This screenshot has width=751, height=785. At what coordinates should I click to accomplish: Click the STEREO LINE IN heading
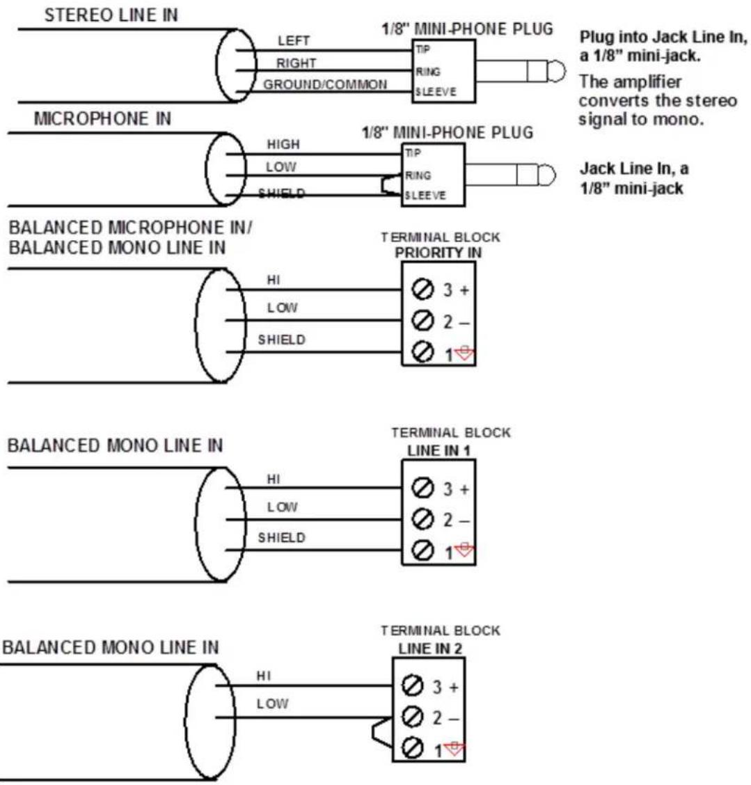click(x=111, y=15)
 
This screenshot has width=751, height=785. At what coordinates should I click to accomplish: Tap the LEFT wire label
click(x=294, y=40)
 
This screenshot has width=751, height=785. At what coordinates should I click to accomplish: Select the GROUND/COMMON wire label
click(x=326, y=84)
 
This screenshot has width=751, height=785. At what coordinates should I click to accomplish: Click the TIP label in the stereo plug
click(x=422, y=49)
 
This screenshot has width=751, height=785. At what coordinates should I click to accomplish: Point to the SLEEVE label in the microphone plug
click(x=425, y=196)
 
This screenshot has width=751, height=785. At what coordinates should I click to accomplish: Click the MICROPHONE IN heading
click(x=102, y=118)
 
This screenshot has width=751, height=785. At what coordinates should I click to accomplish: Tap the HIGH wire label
click(x=283, y=144)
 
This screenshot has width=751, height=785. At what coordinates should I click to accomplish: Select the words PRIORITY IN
click(x=438, y=253)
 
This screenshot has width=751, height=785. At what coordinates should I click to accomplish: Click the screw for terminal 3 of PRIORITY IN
click(x=422, y=289)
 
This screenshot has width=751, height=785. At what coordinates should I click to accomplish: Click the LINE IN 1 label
click(x=438, y=450)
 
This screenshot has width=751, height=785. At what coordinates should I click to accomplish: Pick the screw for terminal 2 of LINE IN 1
click(x=422, y=519)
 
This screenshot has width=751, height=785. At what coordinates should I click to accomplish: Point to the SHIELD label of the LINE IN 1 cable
click(x=281, y=537)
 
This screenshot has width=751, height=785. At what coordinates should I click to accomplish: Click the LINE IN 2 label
click(x=430, y=649)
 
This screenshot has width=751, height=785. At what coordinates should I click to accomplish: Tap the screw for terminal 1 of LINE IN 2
click(x=412, y=748)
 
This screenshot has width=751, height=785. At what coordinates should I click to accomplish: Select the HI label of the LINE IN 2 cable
click(x=264, y=676)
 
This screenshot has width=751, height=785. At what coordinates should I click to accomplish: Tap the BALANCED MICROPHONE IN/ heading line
click(x=130, y=228)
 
